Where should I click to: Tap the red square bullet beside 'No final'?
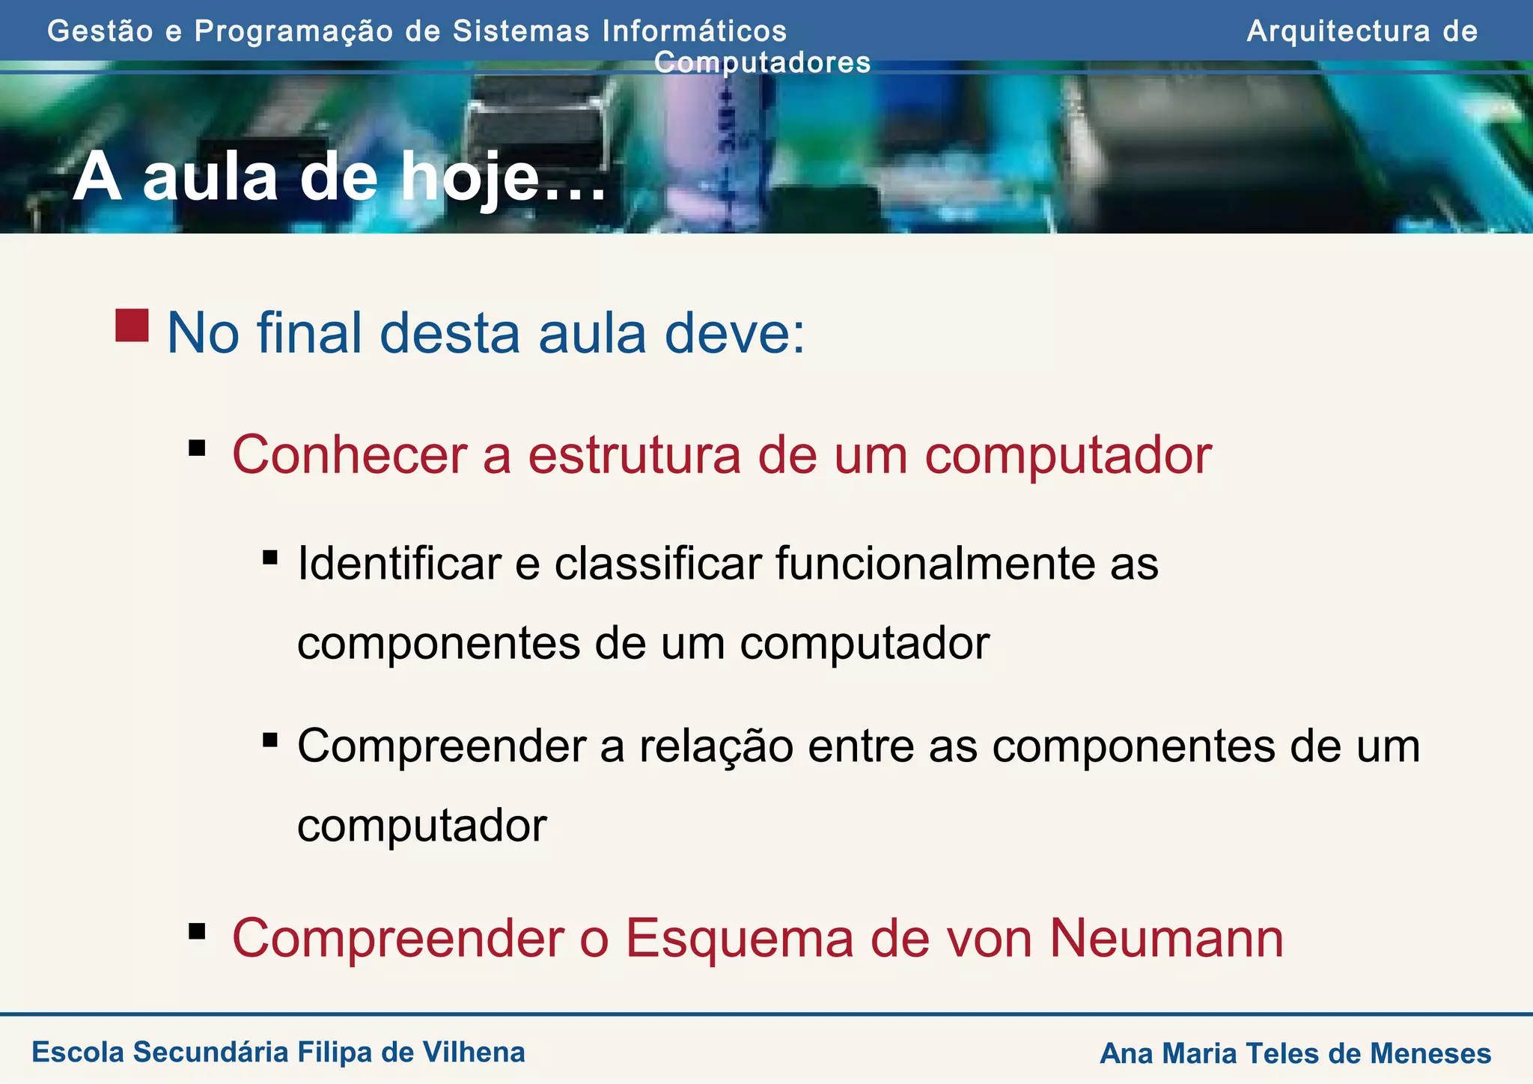(x=132, y=326)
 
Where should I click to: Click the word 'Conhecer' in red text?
(x=349, y=454)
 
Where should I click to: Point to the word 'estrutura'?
(x=633, y=454)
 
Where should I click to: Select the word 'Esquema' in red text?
(x=739, y=938)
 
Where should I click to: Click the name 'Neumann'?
(x=1166, y=938)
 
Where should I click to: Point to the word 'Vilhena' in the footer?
(x=474, y=1052)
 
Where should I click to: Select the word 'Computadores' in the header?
(x=762, y=62)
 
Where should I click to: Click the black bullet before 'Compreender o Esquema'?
(x=198, y=931)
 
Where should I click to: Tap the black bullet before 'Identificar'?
(x=270, y=557)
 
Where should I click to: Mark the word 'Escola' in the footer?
(x=78, y=1052)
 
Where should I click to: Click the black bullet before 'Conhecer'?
(x=198, y=448)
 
